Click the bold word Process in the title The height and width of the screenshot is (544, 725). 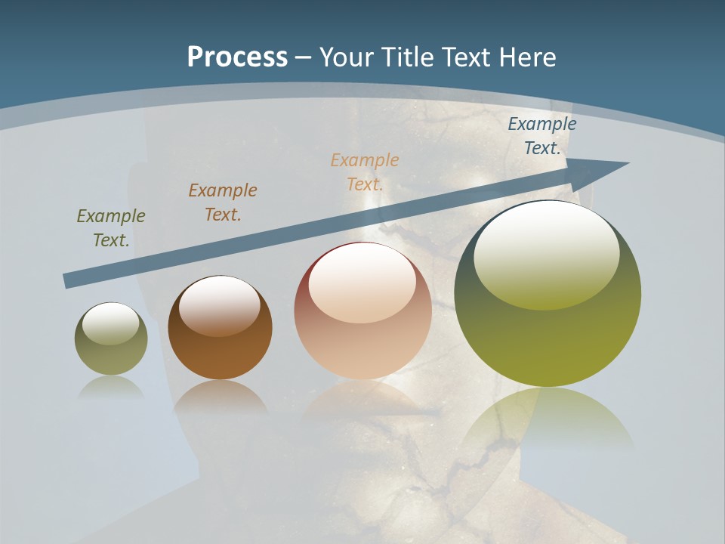pos(237,57)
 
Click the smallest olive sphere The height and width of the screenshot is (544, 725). pos(111,348)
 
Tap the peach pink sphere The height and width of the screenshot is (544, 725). pos(362,332)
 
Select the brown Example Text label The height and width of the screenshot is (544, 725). pos(223,202)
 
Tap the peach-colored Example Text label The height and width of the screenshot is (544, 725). pos(365,172)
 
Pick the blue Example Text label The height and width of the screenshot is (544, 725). pos(541,136)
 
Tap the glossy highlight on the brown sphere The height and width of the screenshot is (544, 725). pos(219,304)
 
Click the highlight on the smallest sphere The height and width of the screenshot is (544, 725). pos(110,323)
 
